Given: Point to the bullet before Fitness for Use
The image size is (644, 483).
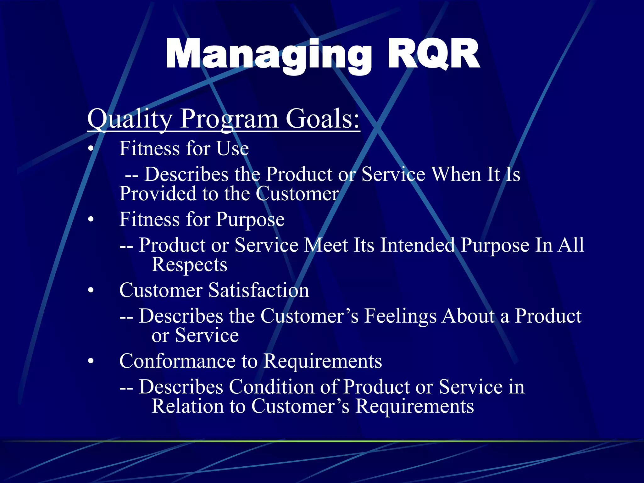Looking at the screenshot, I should [91, 149].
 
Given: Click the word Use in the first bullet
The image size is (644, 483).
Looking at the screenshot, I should [232, 148].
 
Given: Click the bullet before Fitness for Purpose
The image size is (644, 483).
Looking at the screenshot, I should [91, 220].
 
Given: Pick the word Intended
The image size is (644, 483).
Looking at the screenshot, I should [417, 245].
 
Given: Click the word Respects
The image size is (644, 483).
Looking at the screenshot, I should [189, 265].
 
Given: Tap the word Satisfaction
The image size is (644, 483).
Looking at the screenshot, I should [258, 290].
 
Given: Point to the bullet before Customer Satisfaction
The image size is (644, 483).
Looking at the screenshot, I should [91, 291].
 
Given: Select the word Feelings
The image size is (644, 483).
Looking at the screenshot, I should [400, 316].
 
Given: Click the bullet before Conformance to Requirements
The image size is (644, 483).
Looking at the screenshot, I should [91, 362].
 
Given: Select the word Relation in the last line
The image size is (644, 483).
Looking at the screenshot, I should [187, 406].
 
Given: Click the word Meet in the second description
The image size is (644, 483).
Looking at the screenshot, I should [326, 245].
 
